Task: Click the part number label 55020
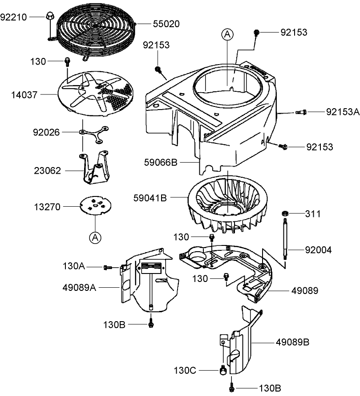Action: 166,24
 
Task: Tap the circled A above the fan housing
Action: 228,34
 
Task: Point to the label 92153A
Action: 342,112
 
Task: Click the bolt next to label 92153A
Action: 301,112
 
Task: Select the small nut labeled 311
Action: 283,214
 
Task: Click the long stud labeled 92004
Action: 283,238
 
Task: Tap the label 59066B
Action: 161,163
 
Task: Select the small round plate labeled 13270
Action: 96,206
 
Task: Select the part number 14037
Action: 25,94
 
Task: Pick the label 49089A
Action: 79,288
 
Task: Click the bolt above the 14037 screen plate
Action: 67,61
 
